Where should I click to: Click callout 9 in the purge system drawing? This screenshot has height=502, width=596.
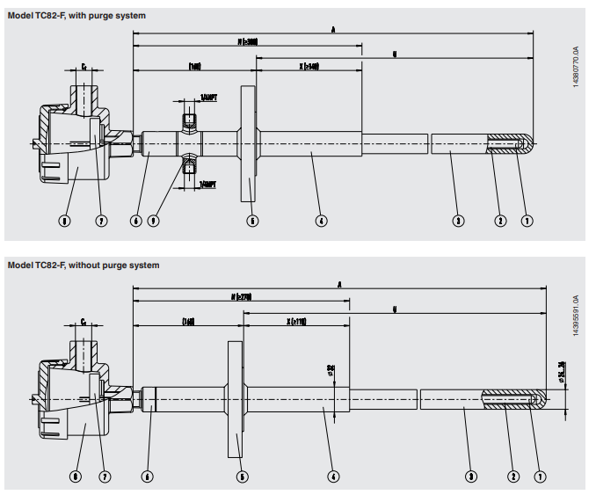155,220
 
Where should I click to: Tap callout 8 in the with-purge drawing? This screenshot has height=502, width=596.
64,220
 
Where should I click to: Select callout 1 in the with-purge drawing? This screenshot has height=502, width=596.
527,220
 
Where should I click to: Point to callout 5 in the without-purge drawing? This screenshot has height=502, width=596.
243,477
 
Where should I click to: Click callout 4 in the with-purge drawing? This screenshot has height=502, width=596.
322,220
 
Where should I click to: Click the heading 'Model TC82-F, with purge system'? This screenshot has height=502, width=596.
76,16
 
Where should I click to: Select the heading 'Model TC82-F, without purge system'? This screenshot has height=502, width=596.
84,265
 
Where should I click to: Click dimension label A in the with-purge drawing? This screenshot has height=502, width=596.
333,30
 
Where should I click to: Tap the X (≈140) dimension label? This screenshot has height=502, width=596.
309,66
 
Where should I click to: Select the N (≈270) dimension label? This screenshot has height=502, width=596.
240,297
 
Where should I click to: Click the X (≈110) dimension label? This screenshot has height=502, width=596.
296,322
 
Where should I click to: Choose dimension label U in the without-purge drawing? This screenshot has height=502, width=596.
395,309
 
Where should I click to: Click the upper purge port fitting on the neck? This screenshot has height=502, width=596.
187,120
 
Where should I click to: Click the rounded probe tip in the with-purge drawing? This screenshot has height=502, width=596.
527,144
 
